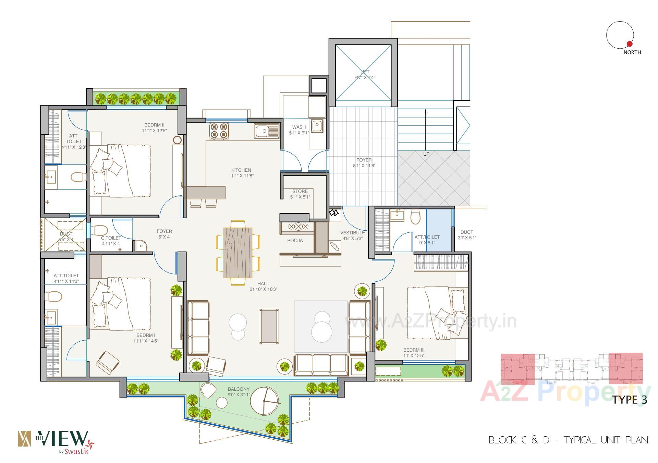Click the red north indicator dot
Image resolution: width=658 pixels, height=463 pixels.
[x=629, y=44]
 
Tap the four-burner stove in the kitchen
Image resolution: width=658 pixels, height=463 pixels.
[x=219, y=131]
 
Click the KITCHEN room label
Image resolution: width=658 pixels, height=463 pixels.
[x=241, y=170]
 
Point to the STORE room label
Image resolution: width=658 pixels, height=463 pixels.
[x=300, y=191]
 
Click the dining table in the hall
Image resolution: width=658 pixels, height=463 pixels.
[x=238, y=253]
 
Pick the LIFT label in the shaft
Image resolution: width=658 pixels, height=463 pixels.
[x=365, y=72]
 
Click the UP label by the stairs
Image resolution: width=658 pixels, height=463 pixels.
[x=426, y=154]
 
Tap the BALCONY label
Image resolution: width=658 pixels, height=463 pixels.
[x=239, y=389]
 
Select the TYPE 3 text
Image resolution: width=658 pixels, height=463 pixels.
[x=630, y=400]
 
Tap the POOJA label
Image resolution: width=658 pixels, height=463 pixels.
[x=295, y=241]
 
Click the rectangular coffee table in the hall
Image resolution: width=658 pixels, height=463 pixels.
[x=269, y=326]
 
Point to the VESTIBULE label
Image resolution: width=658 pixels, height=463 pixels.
[x=352, y=233]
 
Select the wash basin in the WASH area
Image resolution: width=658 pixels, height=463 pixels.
[x=317, y=125]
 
